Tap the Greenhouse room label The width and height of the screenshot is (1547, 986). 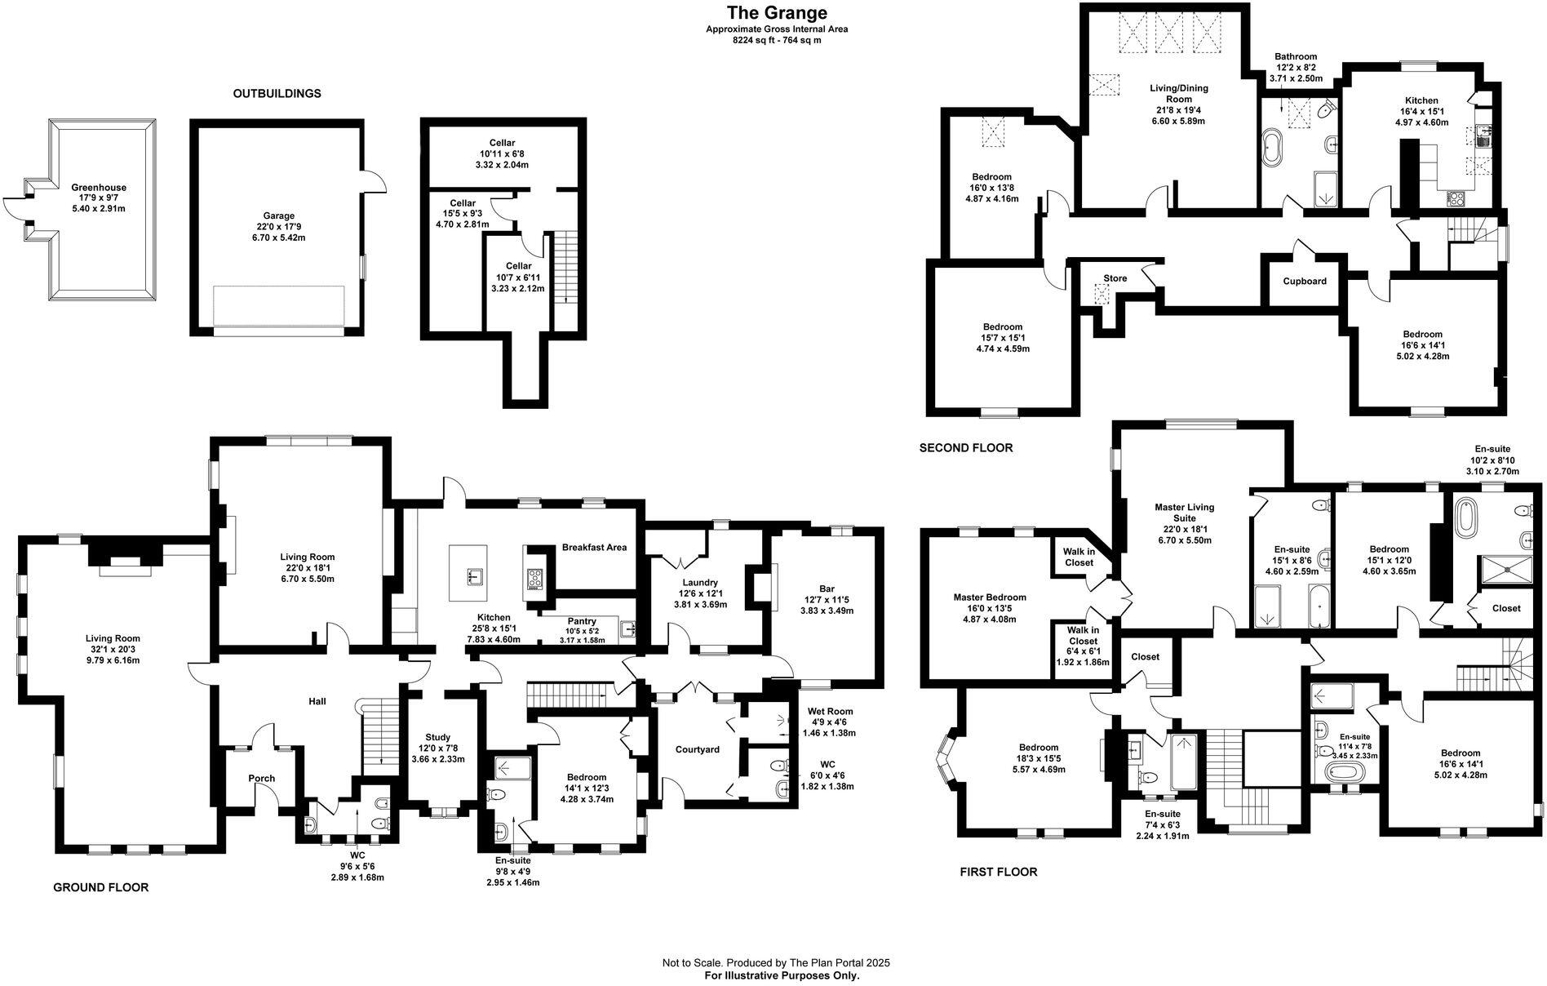(98, 188)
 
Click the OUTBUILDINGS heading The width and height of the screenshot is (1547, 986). (277, 94)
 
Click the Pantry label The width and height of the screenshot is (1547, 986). (582, 621)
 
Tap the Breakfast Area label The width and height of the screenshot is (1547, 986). (594, 547)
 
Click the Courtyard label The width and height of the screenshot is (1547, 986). (697, 749)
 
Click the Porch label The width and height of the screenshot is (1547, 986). (261, 778)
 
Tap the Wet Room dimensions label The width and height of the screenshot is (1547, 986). (830, 722)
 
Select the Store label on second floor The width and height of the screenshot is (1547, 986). (1115, 278)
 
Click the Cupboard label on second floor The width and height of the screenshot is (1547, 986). (1304, 281)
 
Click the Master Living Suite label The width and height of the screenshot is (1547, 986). (1184, 513)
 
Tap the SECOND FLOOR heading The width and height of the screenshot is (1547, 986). (965, 448)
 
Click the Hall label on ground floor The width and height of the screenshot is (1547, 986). (317, 701)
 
